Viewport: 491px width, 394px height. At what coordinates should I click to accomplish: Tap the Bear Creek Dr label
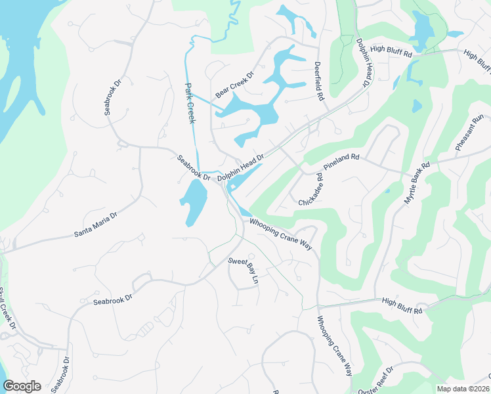[x=234, y=85]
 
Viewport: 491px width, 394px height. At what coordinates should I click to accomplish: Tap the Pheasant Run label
[x=469, y=134]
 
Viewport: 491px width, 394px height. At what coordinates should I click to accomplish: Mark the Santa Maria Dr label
[x=95, y=224]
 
